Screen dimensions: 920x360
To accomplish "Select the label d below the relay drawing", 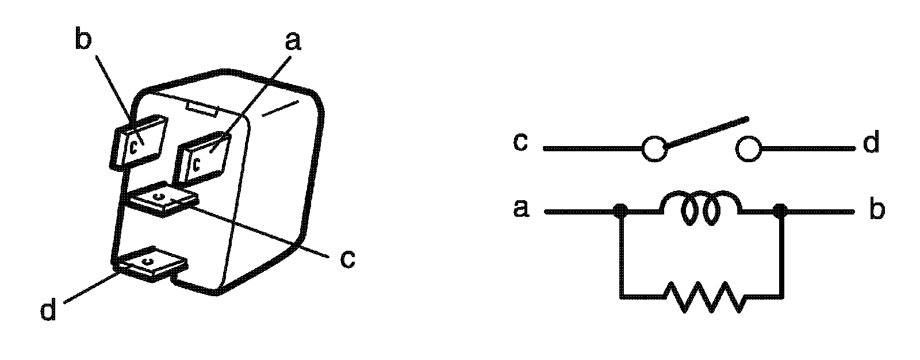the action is tap(49, 311).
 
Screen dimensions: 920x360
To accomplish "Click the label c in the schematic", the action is tap(520, 142).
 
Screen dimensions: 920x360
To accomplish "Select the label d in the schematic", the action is tap(871, 143).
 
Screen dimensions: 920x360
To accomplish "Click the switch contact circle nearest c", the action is tap(653, 149).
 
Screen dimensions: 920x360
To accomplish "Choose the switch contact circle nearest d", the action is tap(747, 149).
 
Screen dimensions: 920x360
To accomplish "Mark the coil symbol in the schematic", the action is tap(701, 211).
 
